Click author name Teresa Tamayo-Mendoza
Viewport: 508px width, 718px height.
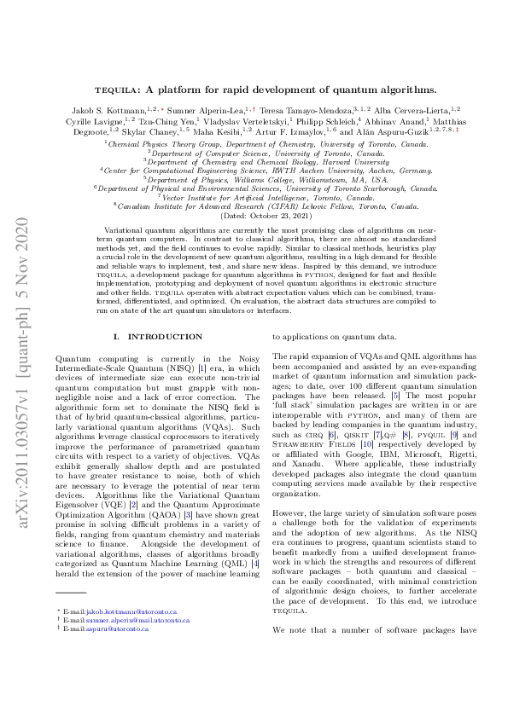pyautogui.click(x=312, y=110)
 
